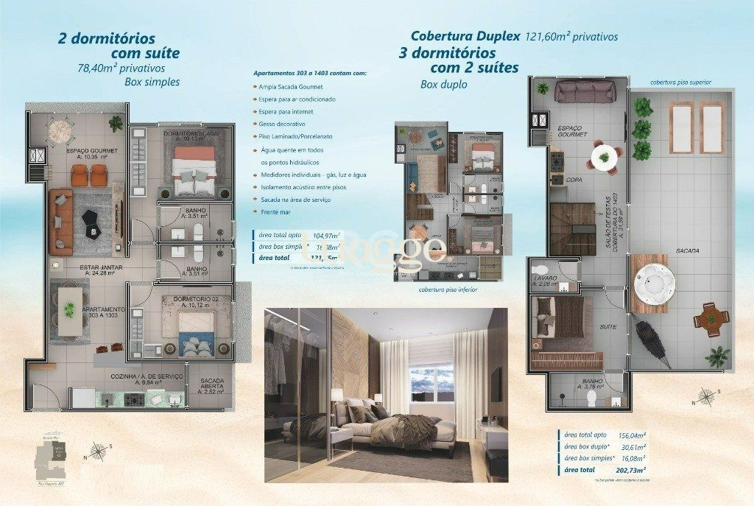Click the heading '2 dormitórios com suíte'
[x=118, y=46]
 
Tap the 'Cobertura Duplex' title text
[x=465, y=35]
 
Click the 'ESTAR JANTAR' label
[x=82, y=267]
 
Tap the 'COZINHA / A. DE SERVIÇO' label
[x=133, y=374]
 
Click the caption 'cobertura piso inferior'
[x=447, y=289]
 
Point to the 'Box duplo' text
[x=444, y=85]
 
